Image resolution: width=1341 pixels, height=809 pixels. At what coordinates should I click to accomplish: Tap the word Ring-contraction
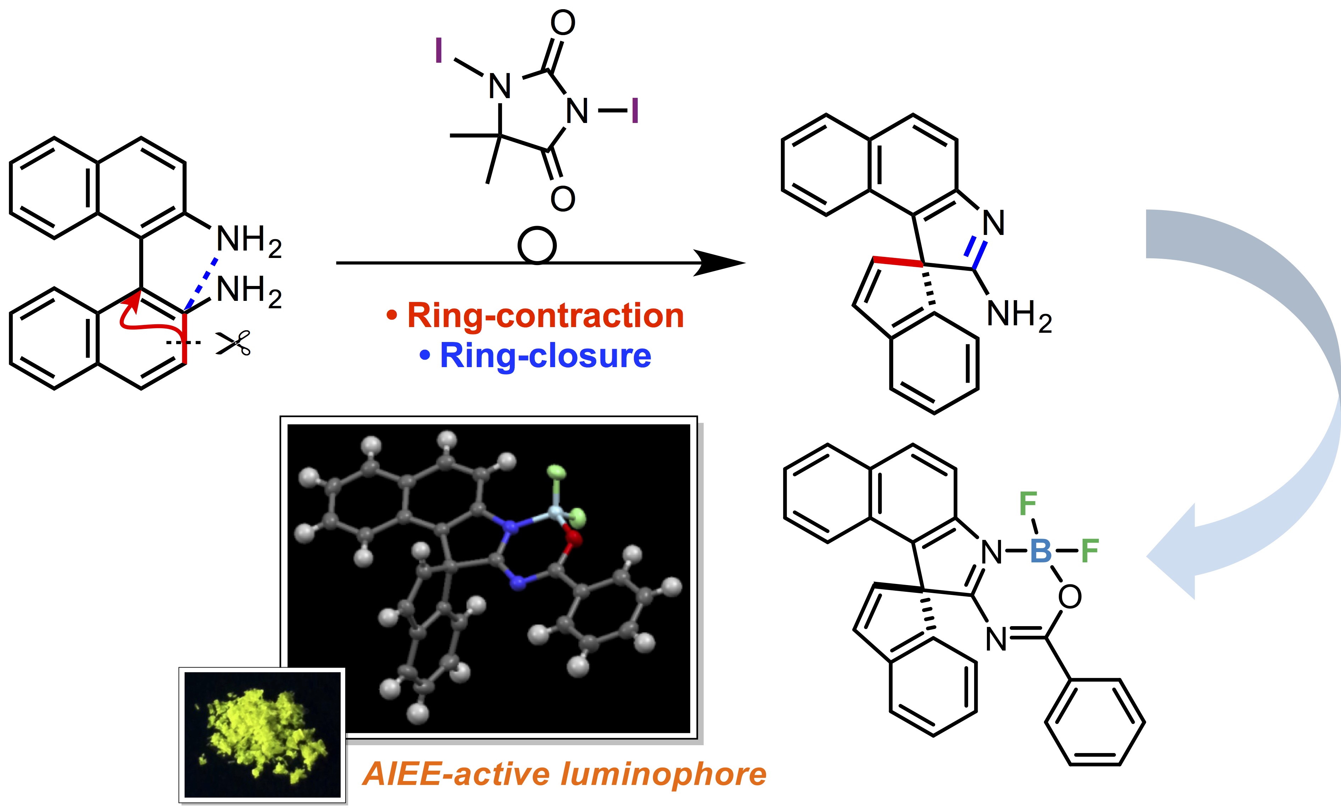click(x=545, y=315)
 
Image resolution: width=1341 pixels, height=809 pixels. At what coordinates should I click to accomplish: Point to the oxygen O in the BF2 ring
click(x=1069, y=597)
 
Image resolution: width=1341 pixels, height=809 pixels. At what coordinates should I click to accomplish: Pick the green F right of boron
click(x=1090, y=551)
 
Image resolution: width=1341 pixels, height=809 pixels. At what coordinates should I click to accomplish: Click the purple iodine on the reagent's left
click(x=438, y=51)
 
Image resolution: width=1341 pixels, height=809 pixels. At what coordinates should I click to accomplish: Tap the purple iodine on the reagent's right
click(x=635, y=111)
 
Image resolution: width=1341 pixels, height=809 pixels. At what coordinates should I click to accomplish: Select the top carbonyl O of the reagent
click(x=563, y=23)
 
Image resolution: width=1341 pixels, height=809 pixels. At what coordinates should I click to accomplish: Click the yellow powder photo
click(x=262, y=735)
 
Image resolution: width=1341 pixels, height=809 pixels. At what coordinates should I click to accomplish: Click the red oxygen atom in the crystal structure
click(x=574, y=538)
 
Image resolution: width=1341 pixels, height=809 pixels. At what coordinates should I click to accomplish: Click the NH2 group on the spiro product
click(x=1019, y=315)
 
